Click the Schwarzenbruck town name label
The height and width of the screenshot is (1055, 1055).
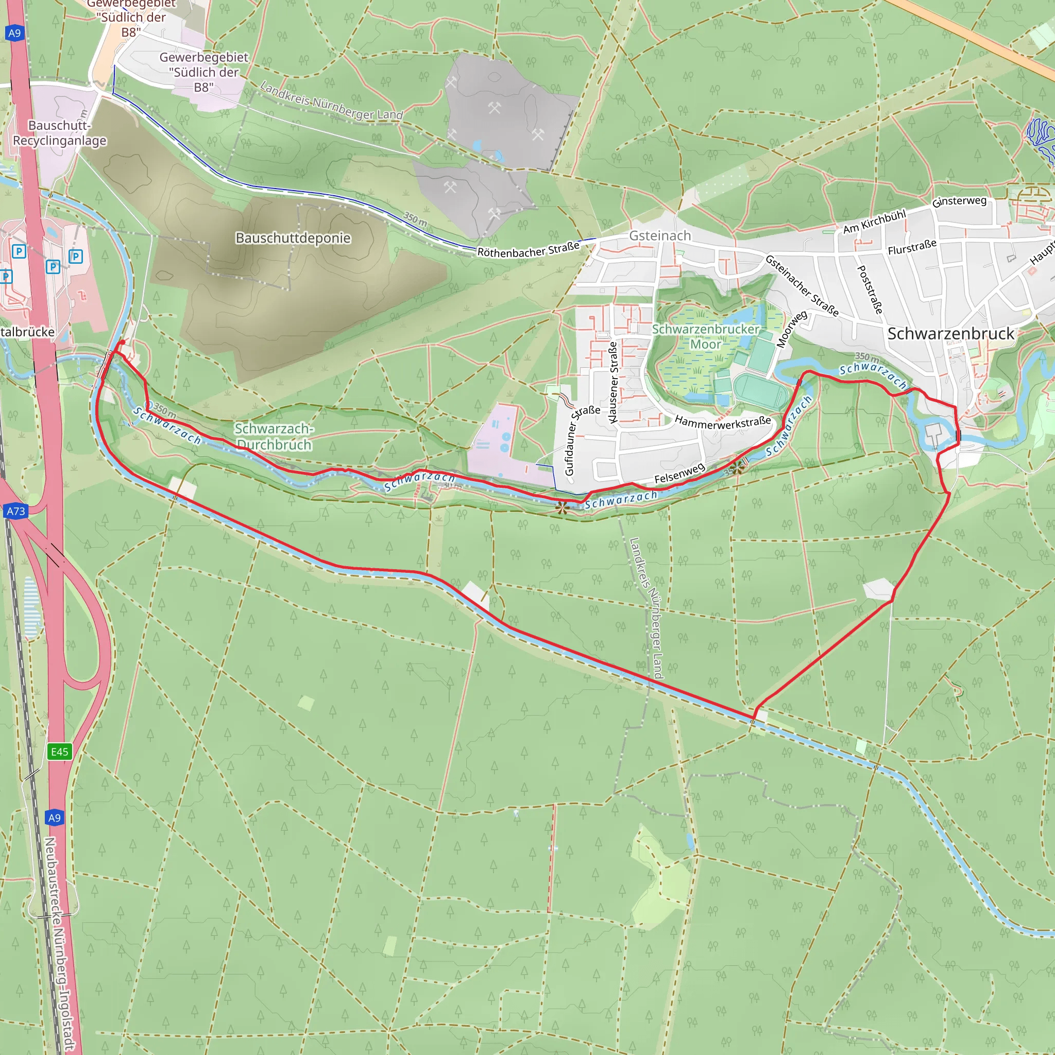click(950, 334)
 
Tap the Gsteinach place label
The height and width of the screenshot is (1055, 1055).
click(660, 236)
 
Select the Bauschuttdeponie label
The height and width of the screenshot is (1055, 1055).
click(293, 238)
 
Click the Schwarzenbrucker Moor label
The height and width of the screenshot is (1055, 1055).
click(706, 337)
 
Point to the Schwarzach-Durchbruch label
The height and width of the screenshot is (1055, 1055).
click(274, 437)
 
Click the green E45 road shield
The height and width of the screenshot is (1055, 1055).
click(60, 752)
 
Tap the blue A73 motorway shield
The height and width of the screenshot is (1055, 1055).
click(16, 511)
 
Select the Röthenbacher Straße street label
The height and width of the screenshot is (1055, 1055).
click(528, 250)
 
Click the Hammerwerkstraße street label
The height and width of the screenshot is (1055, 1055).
click(722, 421)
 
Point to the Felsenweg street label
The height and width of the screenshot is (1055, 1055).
click(679, 473)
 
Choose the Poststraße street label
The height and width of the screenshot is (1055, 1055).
click(870, 290)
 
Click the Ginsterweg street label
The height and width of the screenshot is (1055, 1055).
click(959, 201)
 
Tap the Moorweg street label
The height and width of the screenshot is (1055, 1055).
click(791, 329)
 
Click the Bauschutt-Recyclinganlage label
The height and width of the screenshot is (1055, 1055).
click(60, 133)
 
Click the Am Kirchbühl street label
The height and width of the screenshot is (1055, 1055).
click(874, 222)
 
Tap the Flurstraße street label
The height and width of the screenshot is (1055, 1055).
click(912, 247)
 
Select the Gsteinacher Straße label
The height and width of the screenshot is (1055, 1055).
click(801, 285)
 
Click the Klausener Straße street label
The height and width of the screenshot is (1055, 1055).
click(613, 382)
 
